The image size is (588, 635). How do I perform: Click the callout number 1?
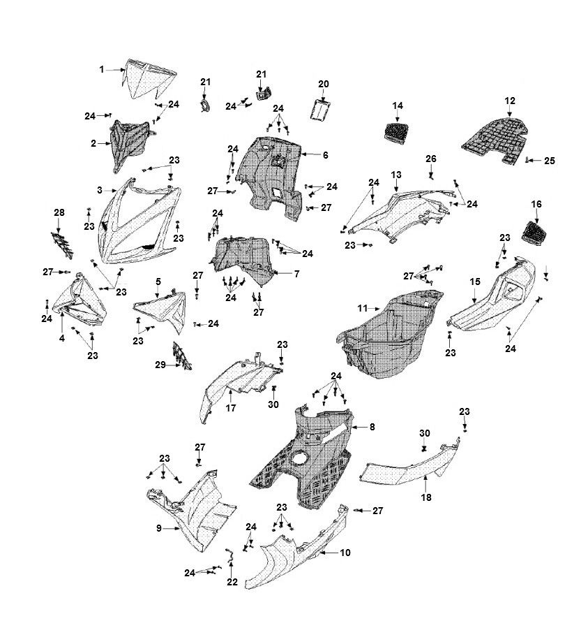[x=102, y=69]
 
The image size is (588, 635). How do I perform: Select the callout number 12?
[x=510, y=100]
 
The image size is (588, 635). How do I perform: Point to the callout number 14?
[x=398, y=105]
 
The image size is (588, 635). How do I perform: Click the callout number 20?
[x=324, y=84]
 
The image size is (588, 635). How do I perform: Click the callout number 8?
[x=372, y=426]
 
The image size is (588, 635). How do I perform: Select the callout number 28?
[x=59, y=212]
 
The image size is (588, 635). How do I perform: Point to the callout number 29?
[x=160, y=365]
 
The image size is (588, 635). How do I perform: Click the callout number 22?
[x=232, y=582]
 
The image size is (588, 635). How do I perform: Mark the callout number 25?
[x=550, y=161]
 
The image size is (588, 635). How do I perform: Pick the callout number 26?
[x=431, y=158]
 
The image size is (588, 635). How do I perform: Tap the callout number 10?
[x=345, y=553]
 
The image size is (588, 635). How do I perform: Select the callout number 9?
[x=159, y=529]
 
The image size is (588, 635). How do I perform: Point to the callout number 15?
[x=474, y=282]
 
